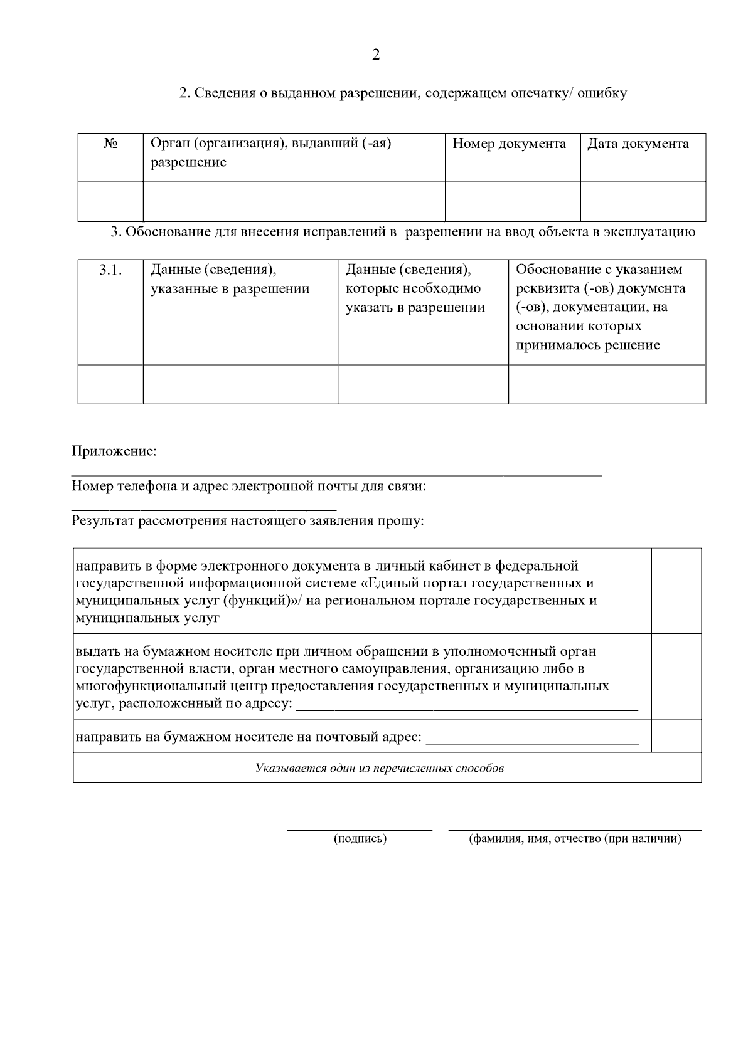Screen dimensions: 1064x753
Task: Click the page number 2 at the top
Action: coord(376,55)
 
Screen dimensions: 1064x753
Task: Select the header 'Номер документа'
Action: coord(509,144)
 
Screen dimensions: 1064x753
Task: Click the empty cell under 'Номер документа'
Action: coord(512,201)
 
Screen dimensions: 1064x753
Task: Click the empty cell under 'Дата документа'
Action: coord(643,201)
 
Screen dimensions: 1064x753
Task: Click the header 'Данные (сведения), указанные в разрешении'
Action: coord(230,279)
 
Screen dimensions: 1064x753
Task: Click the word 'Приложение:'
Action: coord(114,451)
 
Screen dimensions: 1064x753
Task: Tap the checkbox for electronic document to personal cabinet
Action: coord(676,591)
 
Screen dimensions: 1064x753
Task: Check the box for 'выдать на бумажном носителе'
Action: coord(676,676)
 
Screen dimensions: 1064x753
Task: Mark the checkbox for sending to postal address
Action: coord(676,735)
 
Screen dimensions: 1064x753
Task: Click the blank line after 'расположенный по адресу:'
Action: coord(467,707)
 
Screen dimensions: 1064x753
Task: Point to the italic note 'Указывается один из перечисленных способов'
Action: coord(380,768)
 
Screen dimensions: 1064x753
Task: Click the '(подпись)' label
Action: coord(360,839)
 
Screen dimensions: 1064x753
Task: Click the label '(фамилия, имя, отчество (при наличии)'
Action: coord(575,839)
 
